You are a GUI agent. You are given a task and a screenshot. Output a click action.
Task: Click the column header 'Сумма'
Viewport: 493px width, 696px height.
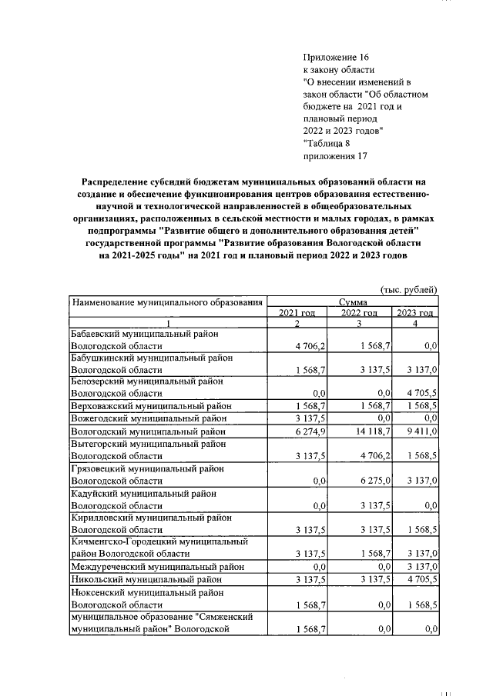353,302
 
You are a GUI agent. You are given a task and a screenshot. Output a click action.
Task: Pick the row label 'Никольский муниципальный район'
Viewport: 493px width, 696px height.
144,579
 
